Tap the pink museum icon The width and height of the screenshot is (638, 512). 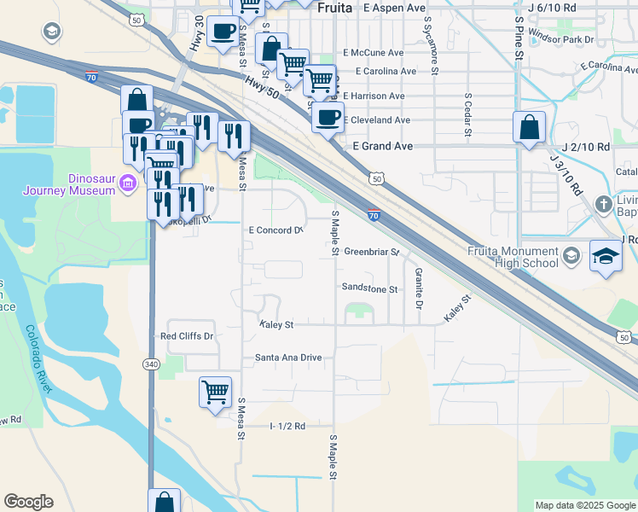tap(128, 183)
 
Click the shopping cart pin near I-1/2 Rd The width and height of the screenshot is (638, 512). tap(215, 392)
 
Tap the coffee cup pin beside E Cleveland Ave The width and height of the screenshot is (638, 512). tap(327, 117)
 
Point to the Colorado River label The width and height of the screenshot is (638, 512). tap(39, 358)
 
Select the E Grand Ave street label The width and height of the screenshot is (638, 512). tap(382, 147)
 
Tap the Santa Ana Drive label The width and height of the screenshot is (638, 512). tap(288, 358)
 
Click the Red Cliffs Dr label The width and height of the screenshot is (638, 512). tap(187, 336)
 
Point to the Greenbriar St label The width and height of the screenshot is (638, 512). tap(372, 252)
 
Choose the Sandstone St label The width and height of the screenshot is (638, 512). tap(369, 289)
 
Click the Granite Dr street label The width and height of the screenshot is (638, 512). tap(419, 288)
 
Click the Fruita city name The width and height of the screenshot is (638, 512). tap(333, 7)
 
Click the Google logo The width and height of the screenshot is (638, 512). tap(28, 502)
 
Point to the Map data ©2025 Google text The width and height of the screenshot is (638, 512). tap(584, 505)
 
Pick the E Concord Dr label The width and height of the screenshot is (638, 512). tap(275, 230)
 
